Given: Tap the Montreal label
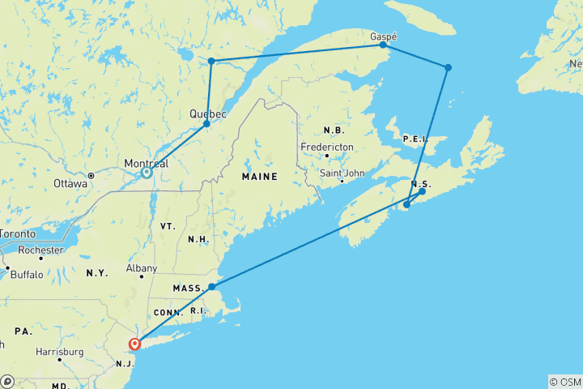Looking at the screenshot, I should click(x=146, y=163).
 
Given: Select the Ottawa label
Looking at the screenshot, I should click(x=70, y=183).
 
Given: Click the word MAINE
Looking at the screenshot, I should click(x=260, y=176).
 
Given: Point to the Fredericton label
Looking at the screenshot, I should click(x=326, y=146).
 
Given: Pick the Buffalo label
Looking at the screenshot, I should click(x=27, y=275).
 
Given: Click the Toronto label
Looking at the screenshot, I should click(x=15, y=233).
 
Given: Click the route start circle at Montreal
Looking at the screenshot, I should click(x=147, y=173).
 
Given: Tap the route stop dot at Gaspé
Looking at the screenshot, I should click(x=383, y=46).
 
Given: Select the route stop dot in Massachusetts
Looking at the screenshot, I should click(x=211, y=287).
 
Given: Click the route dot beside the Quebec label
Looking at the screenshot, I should click(x=206, y=124).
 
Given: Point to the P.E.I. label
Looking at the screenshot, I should click(x=414, y=139).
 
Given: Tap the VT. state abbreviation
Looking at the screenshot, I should click(x=168, y=225).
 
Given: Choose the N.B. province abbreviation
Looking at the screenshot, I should click(x=333, y=130).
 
